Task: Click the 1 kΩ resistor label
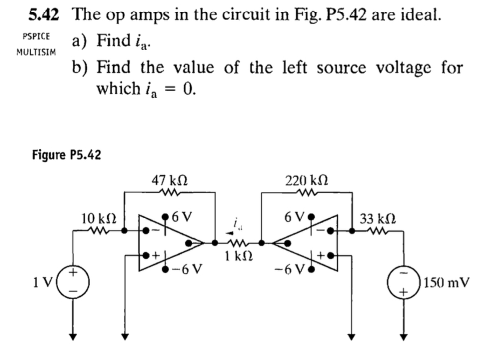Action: pyautogui.click(x=235, y=257)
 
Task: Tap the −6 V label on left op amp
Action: pyautogui.click(x=189, y=268)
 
